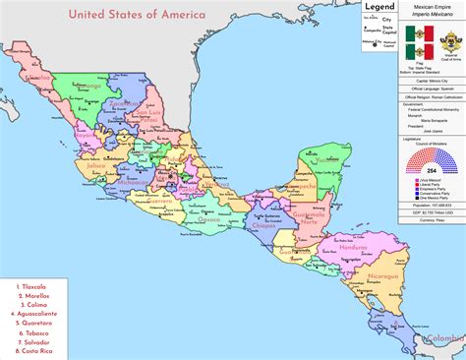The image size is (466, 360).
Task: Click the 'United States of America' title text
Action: coord(137,15)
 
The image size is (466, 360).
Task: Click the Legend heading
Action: coord(379,7)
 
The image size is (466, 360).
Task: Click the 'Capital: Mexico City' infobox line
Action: coord(424,84)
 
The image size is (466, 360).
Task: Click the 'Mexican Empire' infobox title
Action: coord(424,6)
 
